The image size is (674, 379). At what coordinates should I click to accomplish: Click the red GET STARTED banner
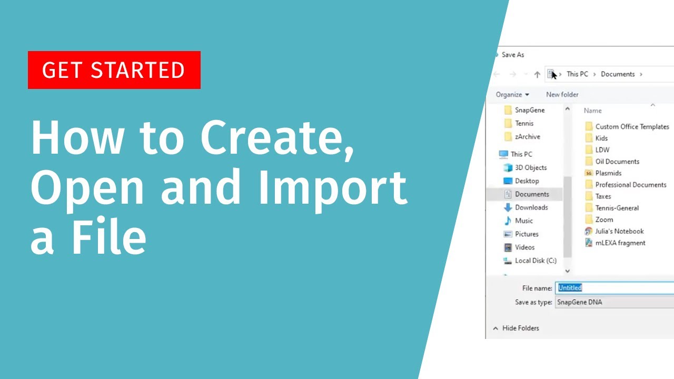[x=114, y=70]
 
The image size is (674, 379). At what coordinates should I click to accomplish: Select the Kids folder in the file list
[x=601, y=138]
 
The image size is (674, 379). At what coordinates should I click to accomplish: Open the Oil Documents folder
[x=617, y=162]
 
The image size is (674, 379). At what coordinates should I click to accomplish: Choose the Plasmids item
[x=608, y=173]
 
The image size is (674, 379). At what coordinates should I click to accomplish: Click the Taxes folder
[x=603, y=196]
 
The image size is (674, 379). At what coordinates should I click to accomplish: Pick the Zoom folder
[x=604, y=220]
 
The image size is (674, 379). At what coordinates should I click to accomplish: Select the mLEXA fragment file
[x=620, y=243]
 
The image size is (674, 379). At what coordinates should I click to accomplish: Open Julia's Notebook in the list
[x=619, y=231]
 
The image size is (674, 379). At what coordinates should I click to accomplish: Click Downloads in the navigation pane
[x=531, y=207]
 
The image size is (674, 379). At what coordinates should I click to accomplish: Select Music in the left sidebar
[x=524, y=221]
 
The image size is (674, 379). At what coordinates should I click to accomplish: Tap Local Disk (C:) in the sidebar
[x=536, y=261]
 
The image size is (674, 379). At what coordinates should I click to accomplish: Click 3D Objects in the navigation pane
[x=531, y=167]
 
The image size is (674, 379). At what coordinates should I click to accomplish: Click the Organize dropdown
[x=512, y=95]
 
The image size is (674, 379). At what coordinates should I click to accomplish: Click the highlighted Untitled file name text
[x=570, y=288]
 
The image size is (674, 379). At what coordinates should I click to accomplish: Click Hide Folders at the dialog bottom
[x=520, y=328]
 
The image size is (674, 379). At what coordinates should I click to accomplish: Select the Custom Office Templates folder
[x=632, y=127]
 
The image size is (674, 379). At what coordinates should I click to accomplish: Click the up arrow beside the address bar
[x=537, y=75]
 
